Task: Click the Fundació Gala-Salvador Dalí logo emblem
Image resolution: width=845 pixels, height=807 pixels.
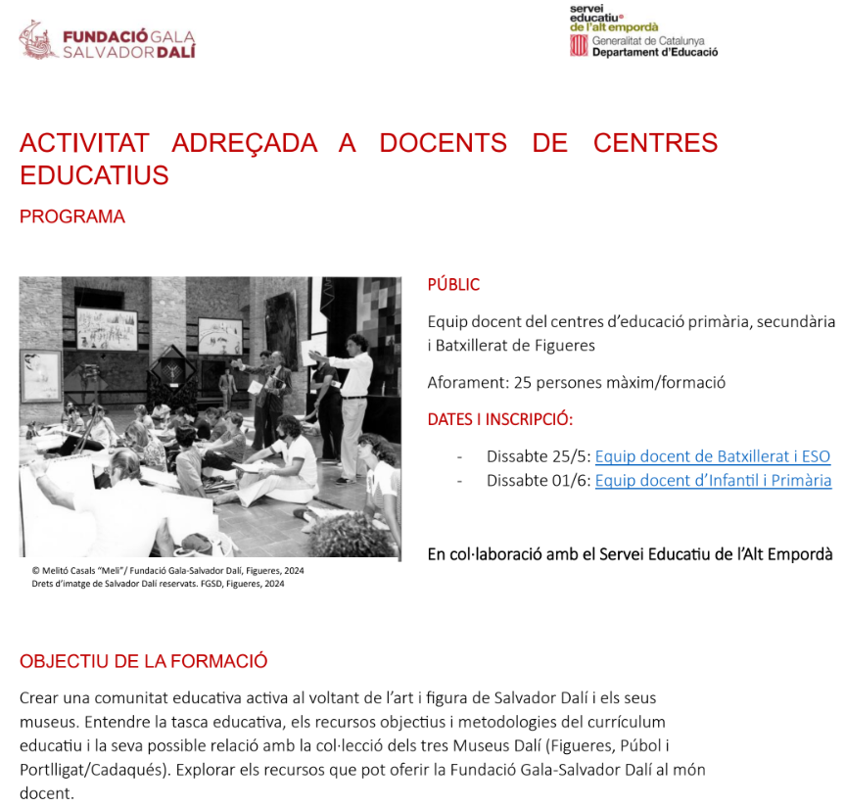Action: click(38, 39)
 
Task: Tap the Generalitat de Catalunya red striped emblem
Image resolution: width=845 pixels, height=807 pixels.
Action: click(579, 46)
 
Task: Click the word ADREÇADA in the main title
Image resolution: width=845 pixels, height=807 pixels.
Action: click(245, 143)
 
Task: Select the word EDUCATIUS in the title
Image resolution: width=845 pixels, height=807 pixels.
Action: click(94, 176)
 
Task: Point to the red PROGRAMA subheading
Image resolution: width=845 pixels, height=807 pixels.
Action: click(72, 216)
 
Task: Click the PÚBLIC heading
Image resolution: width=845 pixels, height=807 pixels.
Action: click(453, 285)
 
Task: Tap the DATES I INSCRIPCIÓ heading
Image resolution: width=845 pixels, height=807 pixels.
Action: click(499, 419)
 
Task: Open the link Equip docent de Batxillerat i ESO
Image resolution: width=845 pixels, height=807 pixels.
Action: click(712, 455)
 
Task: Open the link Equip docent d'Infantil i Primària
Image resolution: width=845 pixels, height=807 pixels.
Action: click(713, 480)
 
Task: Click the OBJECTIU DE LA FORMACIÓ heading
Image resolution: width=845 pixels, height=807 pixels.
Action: click(143, 661)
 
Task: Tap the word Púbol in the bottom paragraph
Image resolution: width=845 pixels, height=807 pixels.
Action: click(637, 746)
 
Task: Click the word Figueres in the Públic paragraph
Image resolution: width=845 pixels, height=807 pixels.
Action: click(562, 345)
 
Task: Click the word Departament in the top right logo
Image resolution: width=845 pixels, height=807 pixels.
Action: click(627, 52)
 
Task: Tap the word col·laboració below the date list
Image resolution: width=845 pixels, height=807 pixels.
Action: click(497, 553)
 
